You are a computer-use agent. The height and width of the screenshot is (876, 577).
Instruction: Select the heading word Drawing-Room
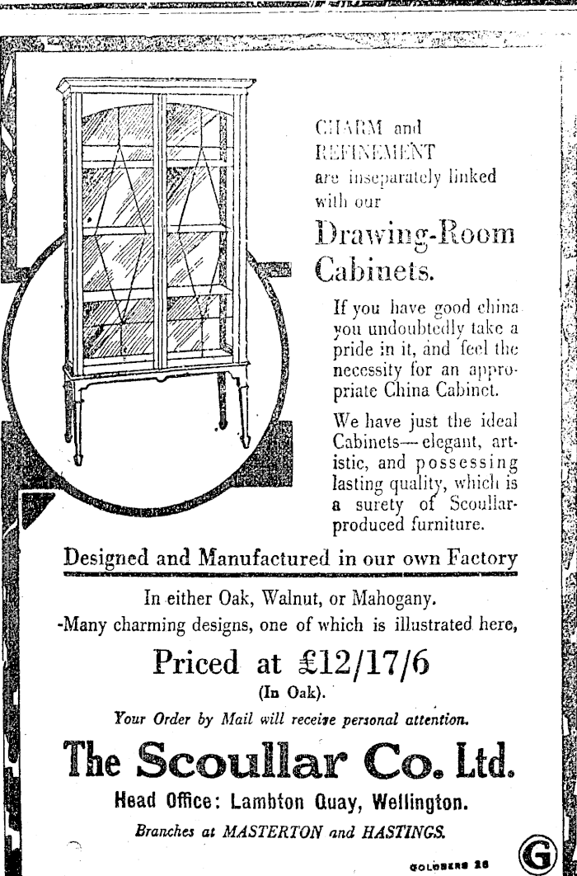415,235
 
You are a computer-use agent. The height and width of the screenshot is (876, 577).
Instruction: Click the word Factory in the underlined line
482,558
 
